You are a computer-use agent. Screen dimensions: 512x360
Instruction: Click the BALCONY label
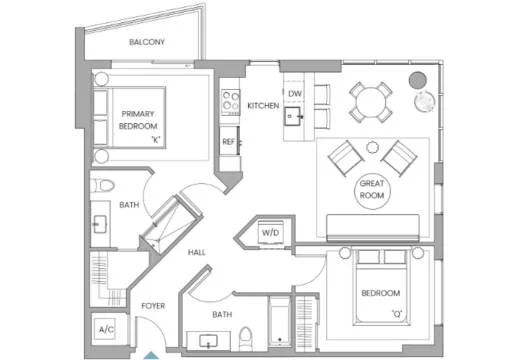[147, 42]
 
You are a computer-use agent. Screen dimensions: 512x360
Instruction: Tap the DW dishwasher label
[295, 94]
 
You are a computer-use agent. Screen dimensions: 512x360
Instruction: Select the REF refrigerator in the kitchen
[230, 141]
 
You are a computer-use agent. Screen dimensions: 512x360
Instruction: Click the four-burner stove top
[230, 101]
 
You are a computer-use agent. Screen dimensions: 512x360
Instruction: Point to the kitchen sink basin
[292, 116]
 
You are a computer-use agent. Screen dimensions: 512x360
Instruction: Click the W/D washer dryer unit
[270, 232]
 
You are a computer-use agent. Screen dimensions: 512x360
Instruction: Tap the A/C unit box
[105, 329]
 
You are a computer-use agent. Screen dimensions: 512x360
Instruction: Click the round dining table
[371, 102]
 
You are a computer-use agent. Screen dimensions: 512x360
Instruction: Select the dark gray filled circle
[418, 80]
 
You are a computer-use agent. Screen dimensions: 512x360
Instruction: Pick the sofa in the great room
[373, 228]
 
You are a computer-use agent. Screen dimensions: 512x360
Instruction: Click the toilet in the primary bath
[103, 185]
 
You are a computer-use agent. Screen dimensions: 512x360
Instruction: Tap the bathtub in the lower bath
[280, 321]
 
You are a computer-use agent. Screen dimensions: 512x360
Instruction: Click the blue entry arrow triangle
[152, 355]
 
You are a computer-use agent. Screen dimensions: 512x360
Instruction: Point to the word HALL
[196, 252]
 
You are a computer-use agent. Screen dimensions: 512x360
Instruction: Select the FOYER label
[153, 306]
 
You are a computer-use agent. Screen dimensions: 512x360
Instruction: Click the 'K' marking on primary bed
[156, 140]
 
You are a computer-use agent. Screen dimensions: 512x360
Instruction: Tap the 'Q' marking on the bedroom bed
[397, 314]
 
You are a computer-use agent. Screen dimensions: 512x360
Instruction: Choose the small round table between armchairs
[372, 147]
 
